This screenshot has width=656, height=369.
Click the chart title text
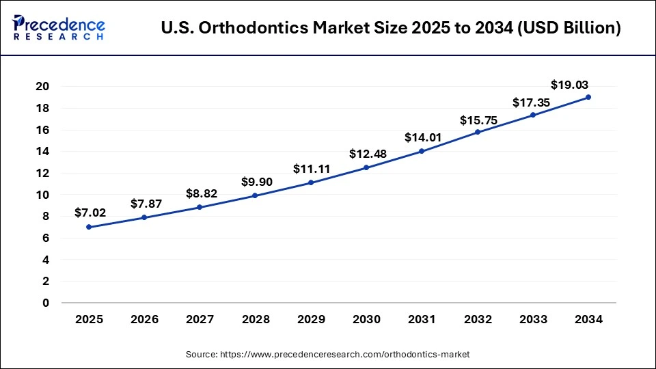pyautogui.click(x=391, y=29)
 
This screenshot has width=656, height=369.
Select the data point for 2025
pyautogui.click(x=89, y=227)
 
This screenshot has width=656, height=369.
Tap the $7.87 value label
pyautogui.click(x=144, y=203)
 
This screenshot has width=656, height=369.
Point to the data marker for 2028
pyautogui.click(x=255, y=195)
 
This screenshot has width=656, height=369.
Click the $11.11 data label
pyautogui.click(x=310, y=168)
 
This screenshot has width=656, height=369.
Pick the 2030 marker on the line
pyautogui.click(x=366, y=167)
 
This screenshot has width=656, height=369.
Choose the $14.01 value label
pyautogui.click(x=422, y=137)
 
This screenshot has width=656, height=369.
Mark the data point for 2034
pyautogui.click(x=588, y=97)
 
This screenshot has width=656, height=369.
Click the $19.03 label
pyautogui.click(x=569, y=85)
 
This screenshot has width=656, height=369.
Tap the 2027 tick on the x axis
pyautogui.click(x=200, y=319)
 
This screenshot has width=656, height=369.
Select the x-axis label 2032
pyautogui.click(x=477, y=319)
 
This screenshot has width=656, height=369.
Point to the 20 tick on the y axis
pyautogui.click(x=42, y=87)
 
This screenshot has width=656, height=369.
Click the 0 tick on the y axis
pyautogui.click(x=46, y=303)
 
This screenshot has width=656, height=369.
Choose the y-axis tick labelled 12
pyautogui.click(x=42, y=173)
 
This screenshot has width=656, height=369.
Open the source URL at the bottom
pyautogui.click(x=327, y=355)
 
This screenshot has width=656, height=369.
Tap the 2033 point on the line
pyautogui.click(x=533, y=115)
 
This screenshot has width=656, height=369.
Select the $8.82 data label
pyautogui.click(x=201, y=193)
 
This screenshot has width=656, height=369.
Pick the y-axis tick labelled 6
pyautogui.click(x=46, y=238)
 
